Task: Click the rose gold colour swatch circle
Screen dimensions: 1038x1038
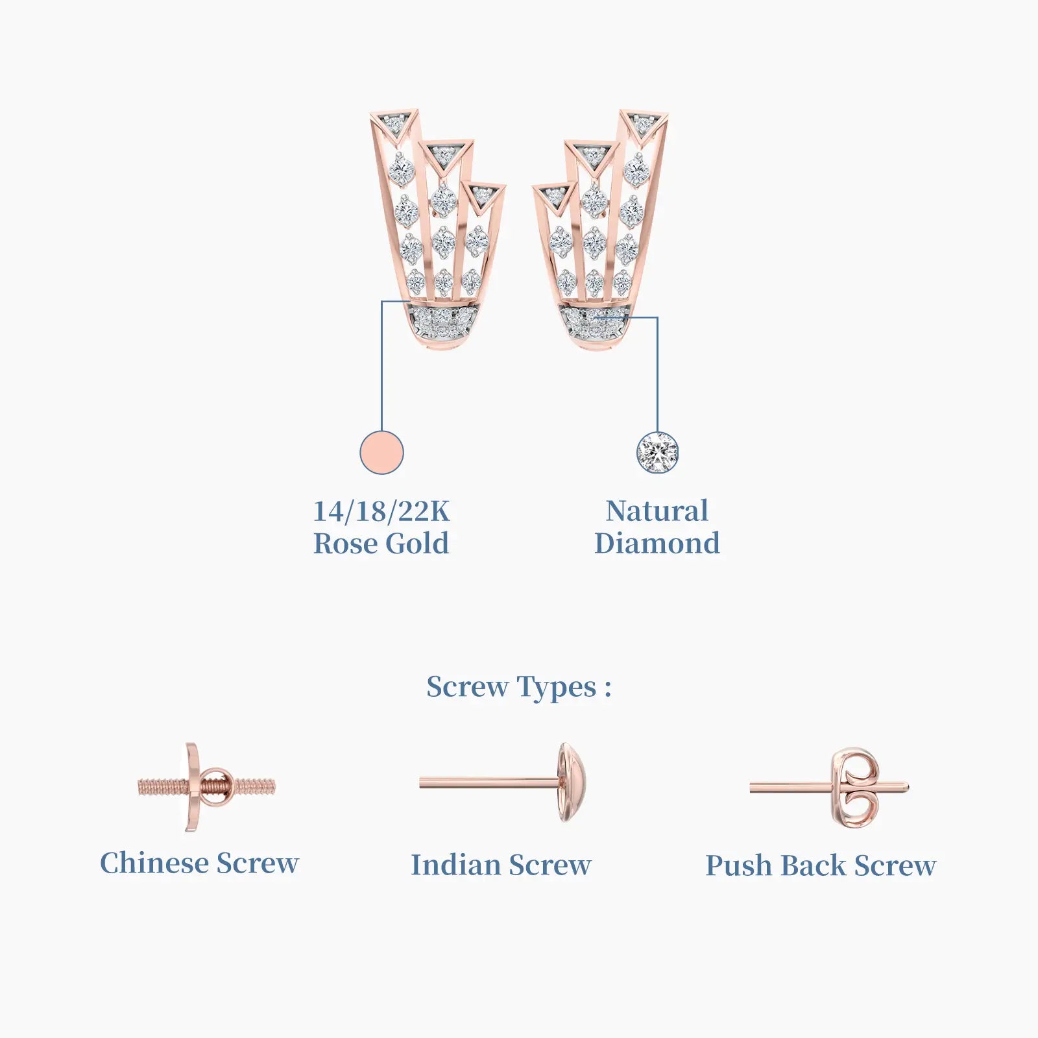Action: (x=381, y=452)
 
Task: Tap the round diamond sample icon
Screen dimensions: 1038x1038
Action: (x=657, y=452)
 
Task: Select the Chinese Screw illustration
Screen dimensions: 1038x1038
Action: (x=206, y=787)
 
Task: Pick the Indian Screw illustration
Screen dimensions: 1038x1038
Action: (x=503, y=783)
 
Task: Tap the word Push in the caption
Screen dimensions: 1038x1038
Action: (x=739, y=865)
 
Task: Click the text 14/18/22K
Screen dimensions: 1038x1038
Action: (x=381, y=511)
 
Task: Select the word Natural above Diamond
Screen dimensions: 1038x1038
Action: (x=657, y=511)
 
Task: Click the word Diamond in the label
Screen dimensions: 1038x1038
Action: (x=657, y=543)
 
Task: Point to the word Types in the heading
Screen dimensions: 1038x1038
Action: (x=557, y=688)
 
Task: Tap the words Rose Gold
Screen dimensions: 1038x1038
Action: (x=381, y=543)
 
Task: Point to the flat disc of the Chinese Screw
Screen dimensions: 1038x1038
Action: (x=192, y=787)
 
